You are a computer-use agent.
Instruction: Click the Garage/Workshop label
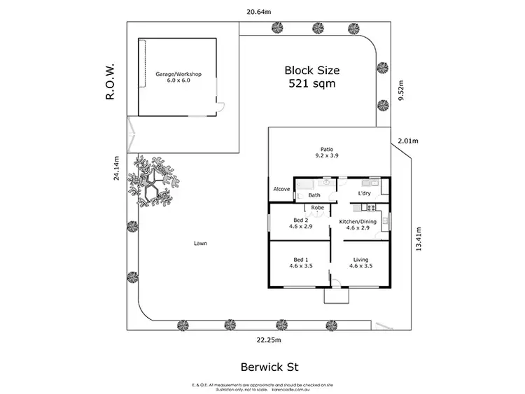pos(178,77)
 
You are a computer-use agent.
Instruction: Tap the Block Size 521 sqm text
pos(311,76)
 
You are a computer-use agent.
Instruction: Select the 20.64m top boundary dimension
pos(260,10)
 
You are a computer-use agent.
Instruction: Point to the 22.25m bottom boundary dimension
pos(268,340)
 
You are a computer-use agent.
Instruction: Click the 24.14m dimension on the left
pos(118,168)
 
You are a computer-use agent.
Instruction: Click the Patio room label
pos(326,153)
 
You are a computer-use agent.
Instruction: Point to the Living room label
pos(360,262)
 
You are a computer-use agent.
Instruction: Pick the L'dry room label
pos(364,193)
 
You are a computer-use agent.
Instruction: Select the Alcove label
pos(281,189)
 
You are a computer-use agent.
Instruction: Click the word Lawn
pos(201,244)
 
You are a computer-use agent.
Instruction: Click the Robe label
pos(317,208)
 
